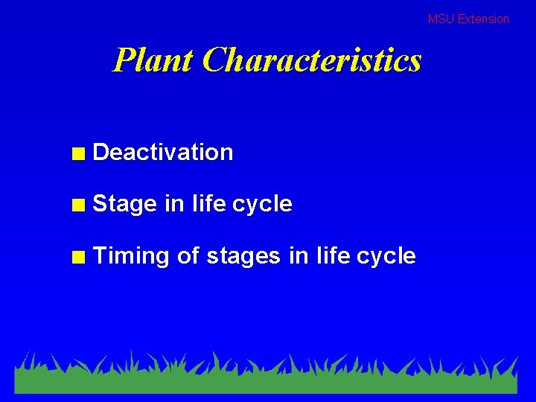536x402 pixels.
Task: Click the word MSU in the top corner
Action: point(441,19)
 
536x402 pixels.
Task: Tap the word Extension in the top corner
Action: point(483,19)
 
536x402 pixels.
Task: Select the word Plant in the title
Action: point(153,60)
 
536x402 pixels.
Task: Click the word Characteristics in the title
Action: point(311,60)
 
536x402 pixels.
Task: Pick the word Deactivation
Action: point(163,153)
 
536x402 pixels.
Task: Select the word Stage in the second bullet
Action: point(125,205)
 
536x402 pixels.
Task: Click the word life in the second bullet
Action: point(208,203)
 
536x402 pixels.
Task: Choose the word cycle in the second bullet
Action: point(262,205)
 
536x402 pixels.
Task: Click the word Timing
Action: point(132,257)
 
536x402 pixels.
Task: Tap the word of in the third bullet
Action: point(188,255)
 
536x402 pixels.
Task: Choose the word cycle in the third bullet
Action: point(386,257)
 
